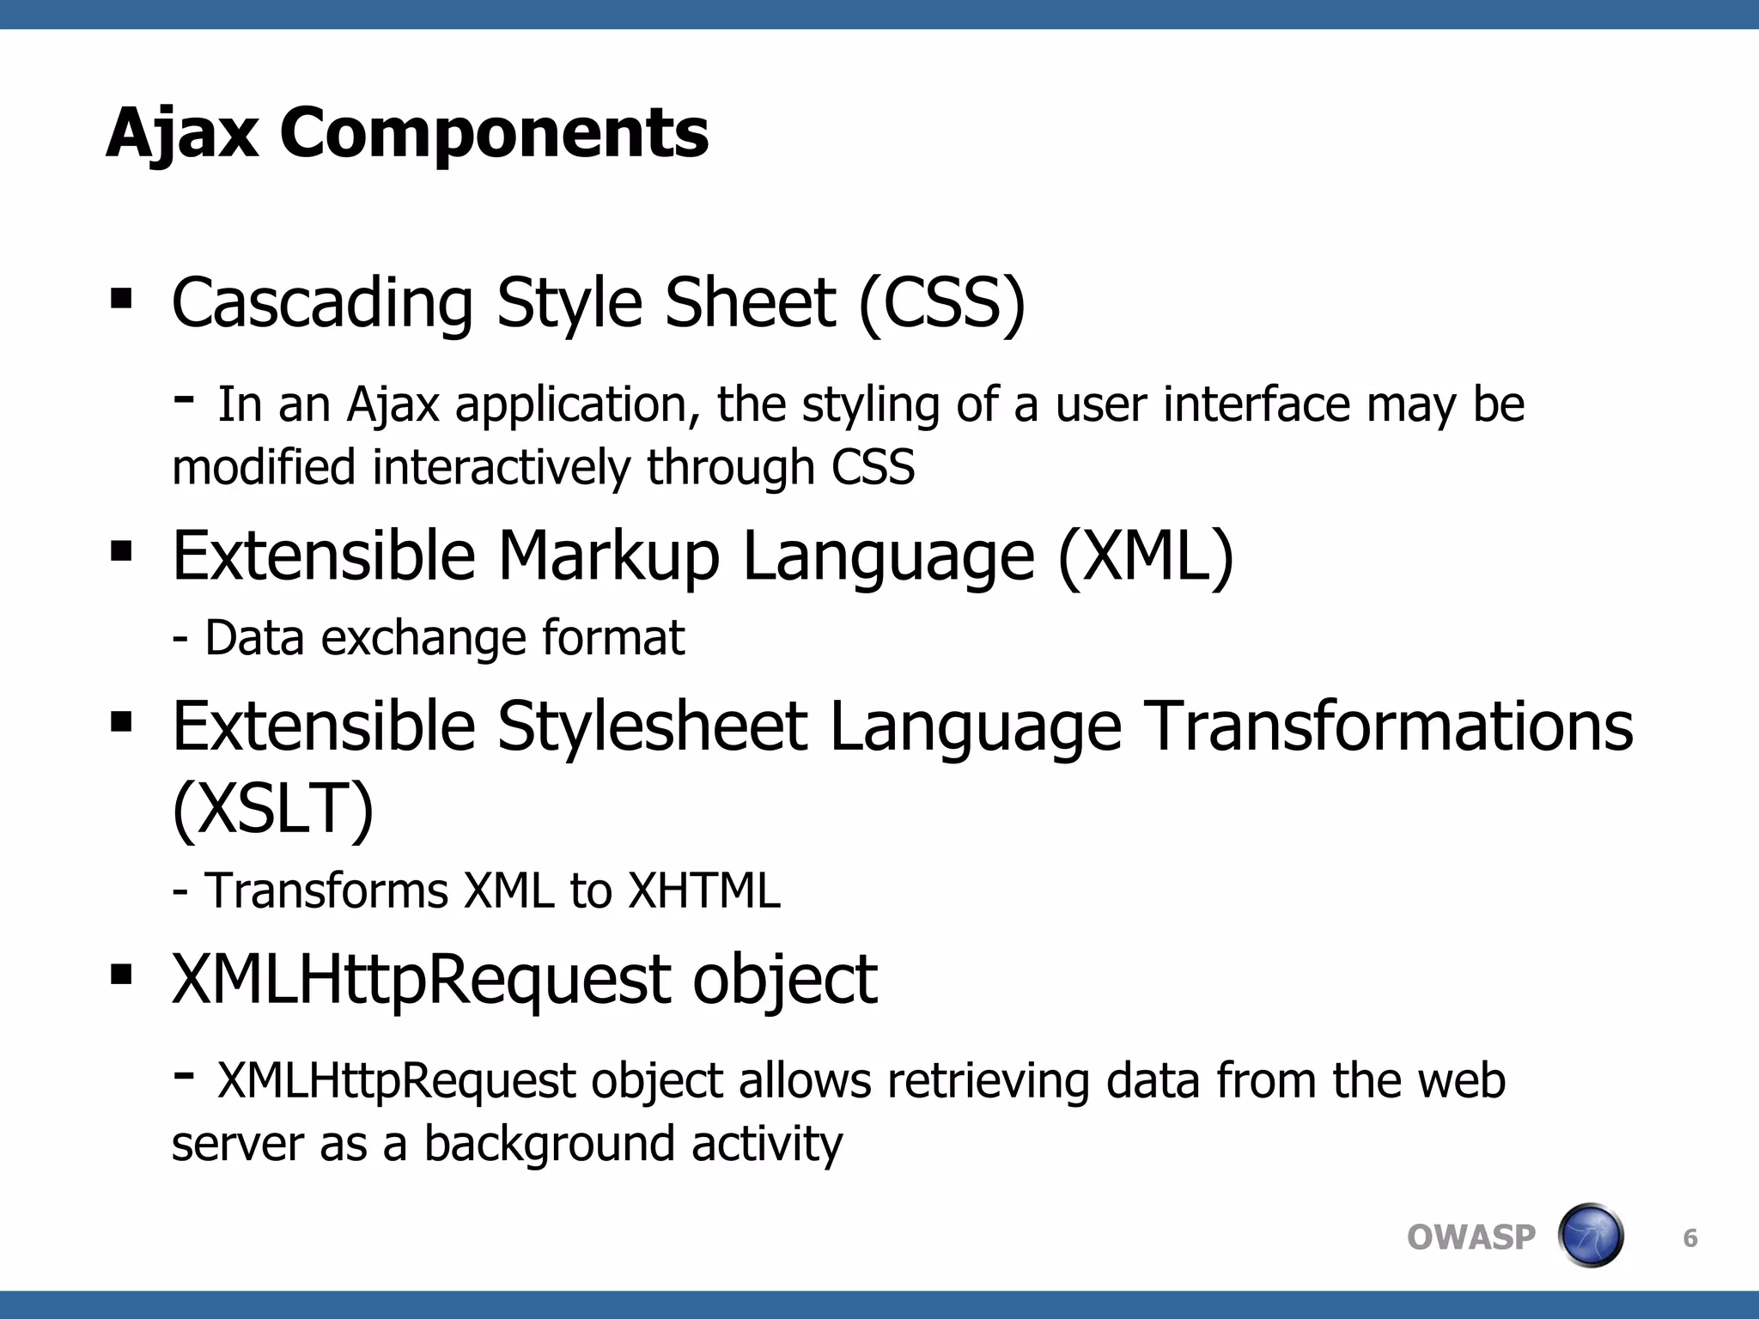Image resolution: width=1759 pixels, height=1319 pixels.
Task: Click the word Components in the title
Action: coord(494,134)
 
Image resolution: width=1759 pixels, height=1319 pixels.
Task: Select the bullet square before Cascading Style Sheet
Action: coord(121,298)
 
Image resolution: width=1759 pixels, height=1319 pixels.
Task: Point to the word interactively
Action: coord(502,468)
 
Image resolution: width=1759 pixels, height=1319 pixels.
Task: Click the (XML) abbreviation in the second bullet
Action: coord(1146,556)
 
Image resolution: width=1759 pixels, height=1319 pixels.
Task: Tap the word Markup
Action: coord(608,556)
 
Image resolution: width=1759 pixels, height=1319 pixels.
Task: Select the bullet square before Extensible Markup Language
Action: coord(121,550)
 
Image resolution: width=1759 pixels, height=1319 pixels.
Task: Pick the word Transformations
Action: coord(1390,726)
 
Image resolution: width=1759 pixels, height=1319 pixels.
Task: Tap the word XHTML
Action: coord(704,890)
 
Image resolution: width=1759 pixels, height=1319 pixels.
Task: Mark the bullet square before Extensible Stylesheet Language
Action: coord(121,721)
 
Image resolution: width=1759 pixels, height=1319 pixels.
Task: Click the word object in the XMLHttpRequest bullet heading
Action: coord(784,980)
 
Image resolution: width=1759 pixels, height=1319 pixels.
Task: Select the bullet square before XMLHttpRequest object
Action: coord(121,975)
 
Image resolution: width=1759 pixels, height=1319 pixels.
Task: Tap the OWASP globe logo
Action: coord(1590,1236)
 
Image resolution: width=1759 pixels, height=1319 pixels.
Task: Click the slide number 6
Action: coord(1689,1237)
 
